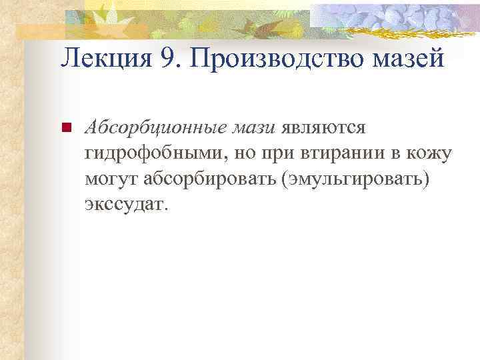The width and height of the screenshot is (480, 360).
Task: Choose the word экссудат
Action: [125, 205]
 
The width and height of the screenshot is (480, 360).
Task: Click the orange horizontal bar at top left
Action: [47, 29]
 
